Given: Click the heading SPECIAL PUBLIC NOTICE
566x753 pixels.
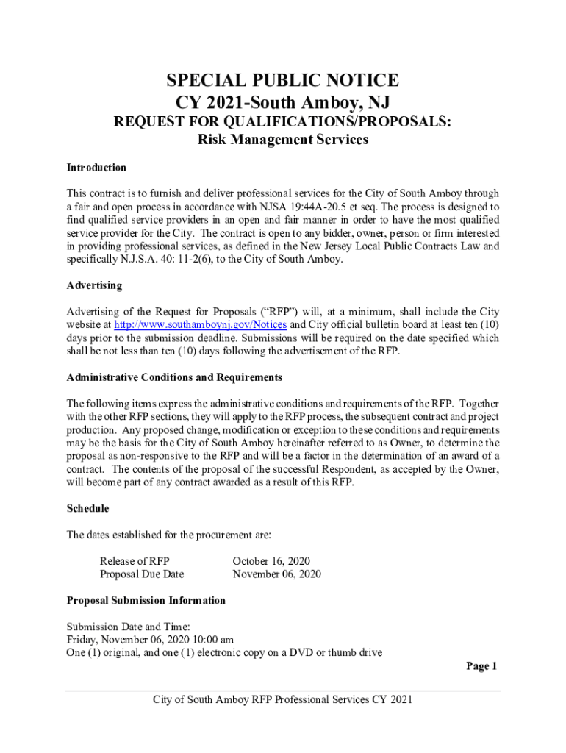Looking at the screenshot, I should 283,80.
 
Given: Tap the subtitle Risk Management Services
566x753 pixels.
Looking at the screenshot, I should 283,139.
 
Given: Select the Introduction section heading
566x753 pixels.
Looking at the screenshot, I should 96,168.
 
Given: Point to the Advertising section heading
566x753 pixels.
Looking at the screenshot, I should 94,285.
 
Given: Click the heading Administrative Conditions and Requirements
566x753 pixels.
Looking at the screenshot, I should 174,377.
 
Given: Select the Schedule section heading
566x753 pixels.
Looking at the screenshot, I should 87,508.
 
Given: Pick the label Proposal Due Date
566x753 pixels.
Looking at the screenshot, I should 142,574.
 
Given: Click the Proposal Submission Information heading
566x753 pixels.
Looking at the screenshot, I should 146,600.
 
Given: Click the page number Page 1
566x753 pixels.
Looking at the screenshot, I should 481,666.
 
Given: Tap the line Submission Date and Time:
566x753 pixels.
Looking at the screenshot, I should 128,627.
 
